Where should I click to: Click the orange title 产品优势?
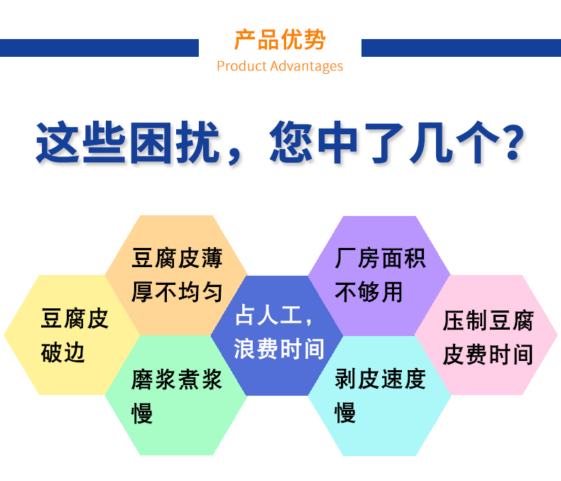pos(280,39)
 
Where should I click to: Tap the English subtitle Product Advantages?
pos(280,66)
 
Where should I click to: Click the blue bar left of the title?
pos(99,48)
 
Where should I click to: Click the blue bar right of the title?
pos(461,48)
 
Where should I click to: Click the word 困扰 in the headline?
pos(175,142)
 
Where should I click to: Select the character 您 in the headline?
pos(291,142)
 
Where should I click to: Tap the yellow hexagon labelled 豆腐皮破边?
pos(72,335)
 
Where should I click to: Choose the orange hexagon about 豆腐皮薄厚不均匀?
pos(176,275)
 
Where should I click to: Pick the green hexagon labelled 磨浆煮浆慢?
pos(176,396)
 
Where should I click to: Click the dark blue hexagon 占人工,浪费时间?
pos(277,335)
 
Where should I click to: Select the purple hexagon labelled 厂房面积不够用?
pos(379,276)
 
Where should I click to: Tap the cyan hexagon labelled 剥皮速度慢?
pos(379,396)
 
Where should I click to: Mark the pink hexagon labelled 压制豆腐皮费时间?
pos(486,335)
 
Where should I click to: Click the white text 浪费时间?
pos(279,349)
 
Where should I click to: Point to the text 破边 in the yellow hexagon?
pos(63,353)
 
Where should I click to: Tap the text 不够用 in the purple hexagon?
pos(369,293)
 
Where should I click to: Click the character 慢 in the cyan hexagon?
pos(345,413)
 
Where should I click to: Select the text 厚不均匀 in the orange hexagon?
pos(177,292)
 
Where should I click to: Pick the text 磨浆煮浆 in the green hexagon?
pos(177,379)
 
